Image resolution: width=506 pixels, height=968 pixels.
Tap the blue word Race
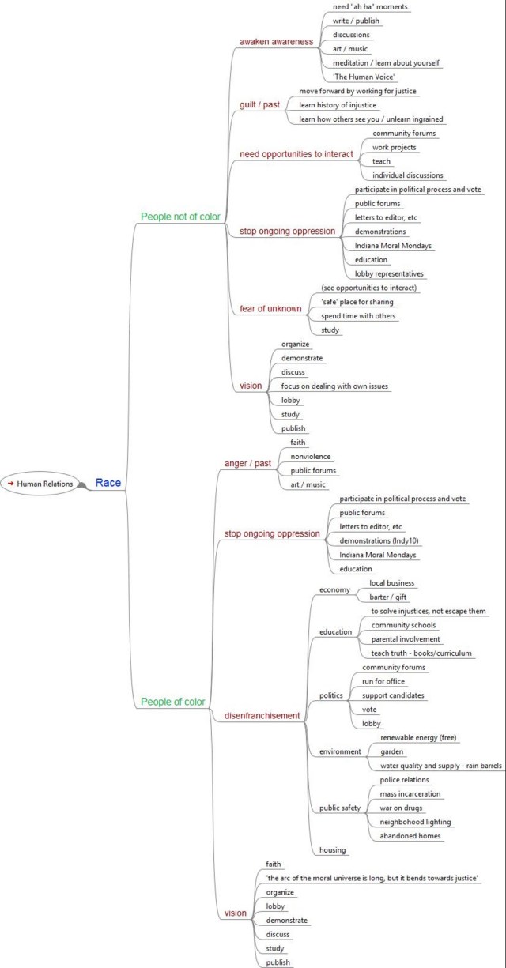pyautogui.click(x=108, y=483)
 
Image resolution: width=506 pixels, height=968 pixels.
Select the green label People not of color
pyautogui.click(x=179, y=216)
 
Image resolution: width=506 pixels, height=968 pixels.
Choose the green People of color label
pyautogui.click(x=172, y=702)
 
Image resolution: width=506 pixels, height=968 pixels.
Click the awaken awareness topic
pyautogui.click(x=276, y=41)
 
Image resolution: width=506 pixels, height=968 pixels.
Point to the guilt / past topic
pyautogui.click(x=259, y=104)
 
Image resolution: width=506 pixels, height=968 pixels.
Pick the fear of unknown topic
pyautogui.click(x=270, y=309)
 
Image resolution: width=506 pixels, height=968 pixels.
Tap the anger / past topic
pyautogui.click(x=247, y=463)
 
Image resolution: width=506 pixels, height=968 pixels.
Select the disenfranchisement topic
pyautogui.click(x=262, y=716)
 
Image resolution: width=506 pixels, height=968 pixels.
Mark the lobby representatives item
pyautogui.click(x=389, y=273)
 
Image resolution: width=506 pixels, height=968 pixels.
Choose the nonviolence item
pyautogui.click(x=311, y=456)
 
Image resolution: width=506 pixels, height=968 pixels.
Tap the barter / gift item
pyautogui.click(x=388, y=597)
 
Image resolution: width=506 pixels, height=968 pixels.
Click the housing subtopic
pyautogui.click(x=333, y=850)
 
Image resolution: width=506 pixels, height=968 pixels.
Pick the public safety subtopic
pyautogui.click(x=340, y=808)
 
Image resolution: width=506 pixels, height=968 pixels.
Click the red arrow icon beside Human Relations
pyautogui.click(x=11, y=483)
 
